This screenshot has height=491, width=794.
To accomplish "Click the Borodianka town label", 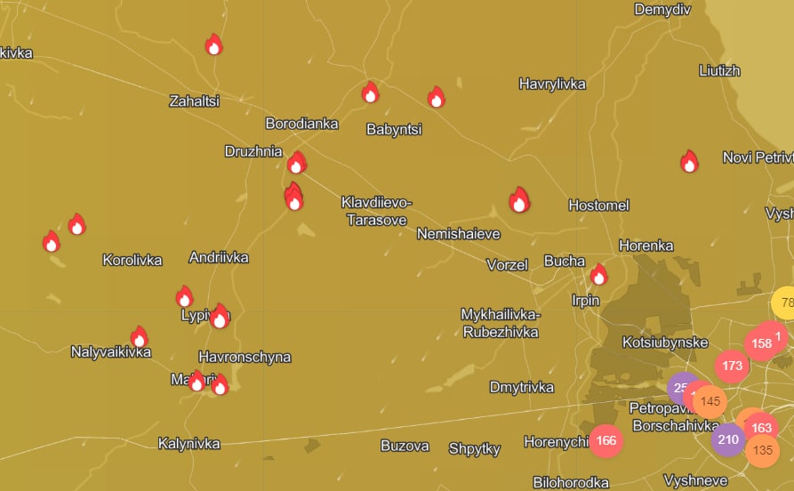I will (301, 124).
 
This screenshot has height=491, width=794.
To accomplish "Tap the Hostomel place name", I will (598, 205).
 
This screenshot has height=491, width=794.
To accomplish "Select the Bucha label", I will (564, 261).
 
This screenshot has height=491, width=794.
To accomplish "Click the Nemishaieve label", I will (458, 234).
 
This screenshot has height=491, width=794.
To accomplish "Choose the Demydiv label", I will (662, 10).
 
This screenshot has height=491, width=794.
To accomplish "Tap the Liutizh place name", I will (719, 70).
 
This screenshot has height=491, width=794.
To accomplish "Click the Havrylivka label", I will (552, 84).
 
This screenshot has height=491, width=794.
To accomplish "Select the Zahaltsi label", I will (194, 101).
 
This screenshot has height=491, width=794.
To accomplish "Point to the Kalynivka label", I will (188, 443).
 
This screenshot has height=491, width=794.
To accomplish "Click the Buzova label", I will (405, 446).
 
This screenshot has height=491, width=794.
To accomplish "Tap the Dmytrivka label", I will (521, 387).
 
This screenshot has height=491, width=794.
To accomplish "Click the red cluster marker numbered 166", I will (606, 440).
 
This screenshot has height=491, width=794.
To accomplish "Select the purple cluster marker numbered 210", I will (728, 439).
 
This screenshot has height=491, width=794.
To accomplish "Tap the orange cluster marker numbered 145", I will (710, 401).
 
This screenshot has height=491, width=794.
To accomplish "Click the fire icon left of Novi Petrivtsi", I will (689, 162).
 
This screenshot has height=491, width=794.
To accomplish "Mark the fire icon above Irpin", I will (598, 275).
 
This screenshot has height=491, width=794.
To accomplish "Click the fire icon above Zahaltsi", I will (213, 44).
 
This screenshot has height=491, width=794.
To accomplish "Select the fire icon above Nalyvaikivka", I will (139, 337).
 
